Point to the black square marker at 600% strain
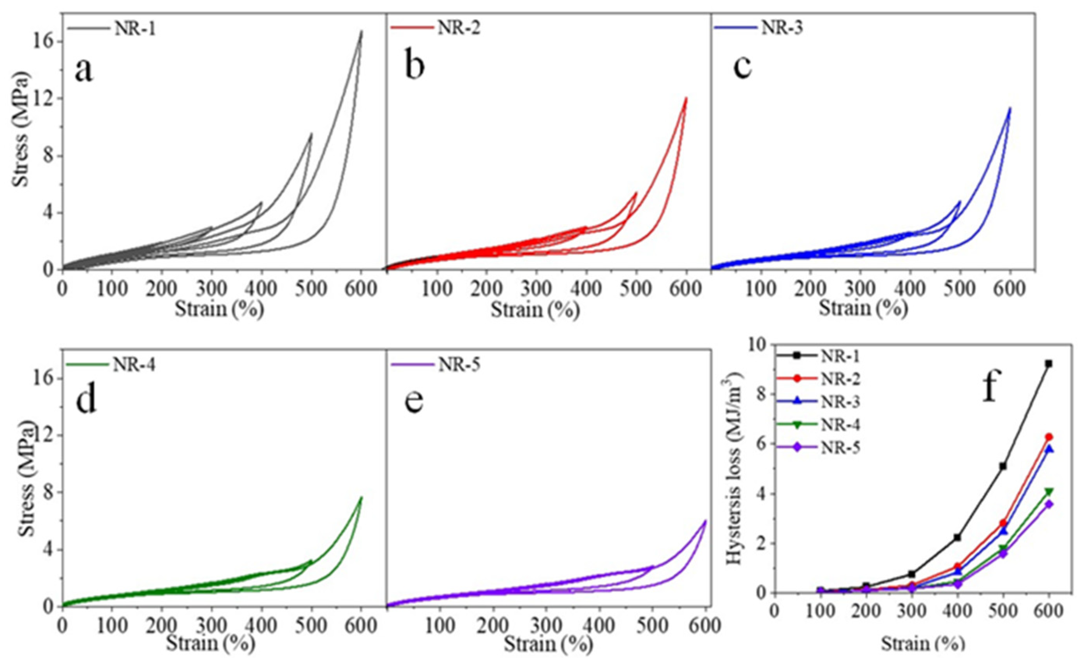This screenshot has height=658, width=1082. click(x=1048, y=364)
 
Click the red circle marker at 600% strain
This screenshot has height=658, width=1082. click(x=1048, y=437)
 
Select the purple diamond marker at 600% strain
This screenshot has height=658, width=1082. click(x=1048, y=505)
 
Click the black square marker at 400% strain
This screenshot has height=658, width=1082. click(x=957, y=537)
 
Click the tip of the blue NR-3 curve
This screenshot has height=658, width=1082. click(x=1010, y=108)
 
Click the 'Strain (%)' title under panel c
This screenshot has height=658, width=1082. click(x=863, y=308)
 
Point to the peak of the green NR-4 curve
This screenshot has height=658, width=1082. click(x=362, y=498)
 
